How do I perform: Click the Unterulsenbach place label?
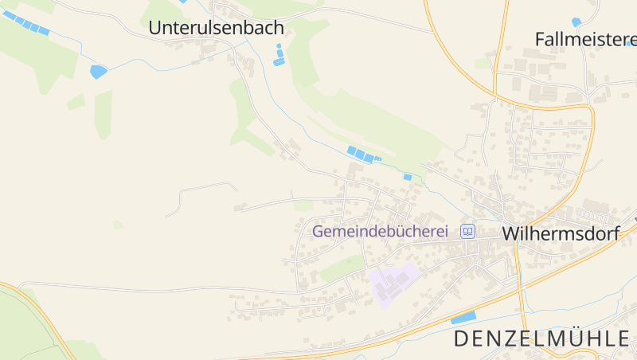coord(216,28)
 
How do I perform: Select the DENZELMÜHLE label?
coord(541,338)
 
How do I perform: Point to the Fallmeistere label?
coord(586,39)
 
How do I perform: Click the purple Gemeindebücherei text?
coord(381,232)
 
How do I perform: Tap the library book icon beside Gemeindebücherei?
coord(468,232)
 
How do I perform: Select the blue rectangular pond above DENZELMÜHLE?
coord(463,318)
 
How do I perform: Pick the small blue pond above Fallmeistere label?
coord(576,22)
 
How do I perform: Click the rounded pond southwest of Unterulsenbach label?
coord(98,72)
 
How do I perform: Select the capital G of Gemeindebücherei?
coord(318,232)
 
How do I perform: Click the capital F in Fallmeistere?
coord(540,39)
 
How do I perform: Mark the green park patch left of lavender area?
coord(342,268)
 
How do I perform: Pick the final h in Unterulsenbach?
coord(279,28)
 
